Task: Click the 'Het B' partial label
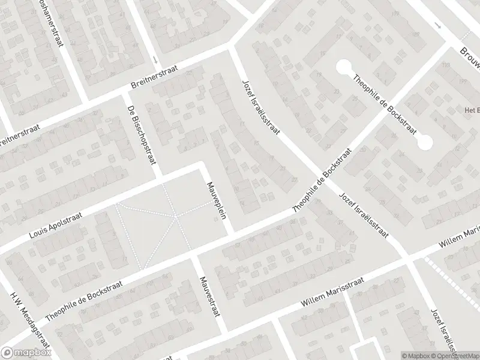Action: coord(470,110)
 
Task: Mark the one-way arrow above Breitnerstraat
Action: coord(155,59)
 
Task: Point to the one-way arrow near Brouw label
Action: coord(438,26)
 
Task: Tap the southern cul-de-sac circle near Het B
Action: coord(425,143)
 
